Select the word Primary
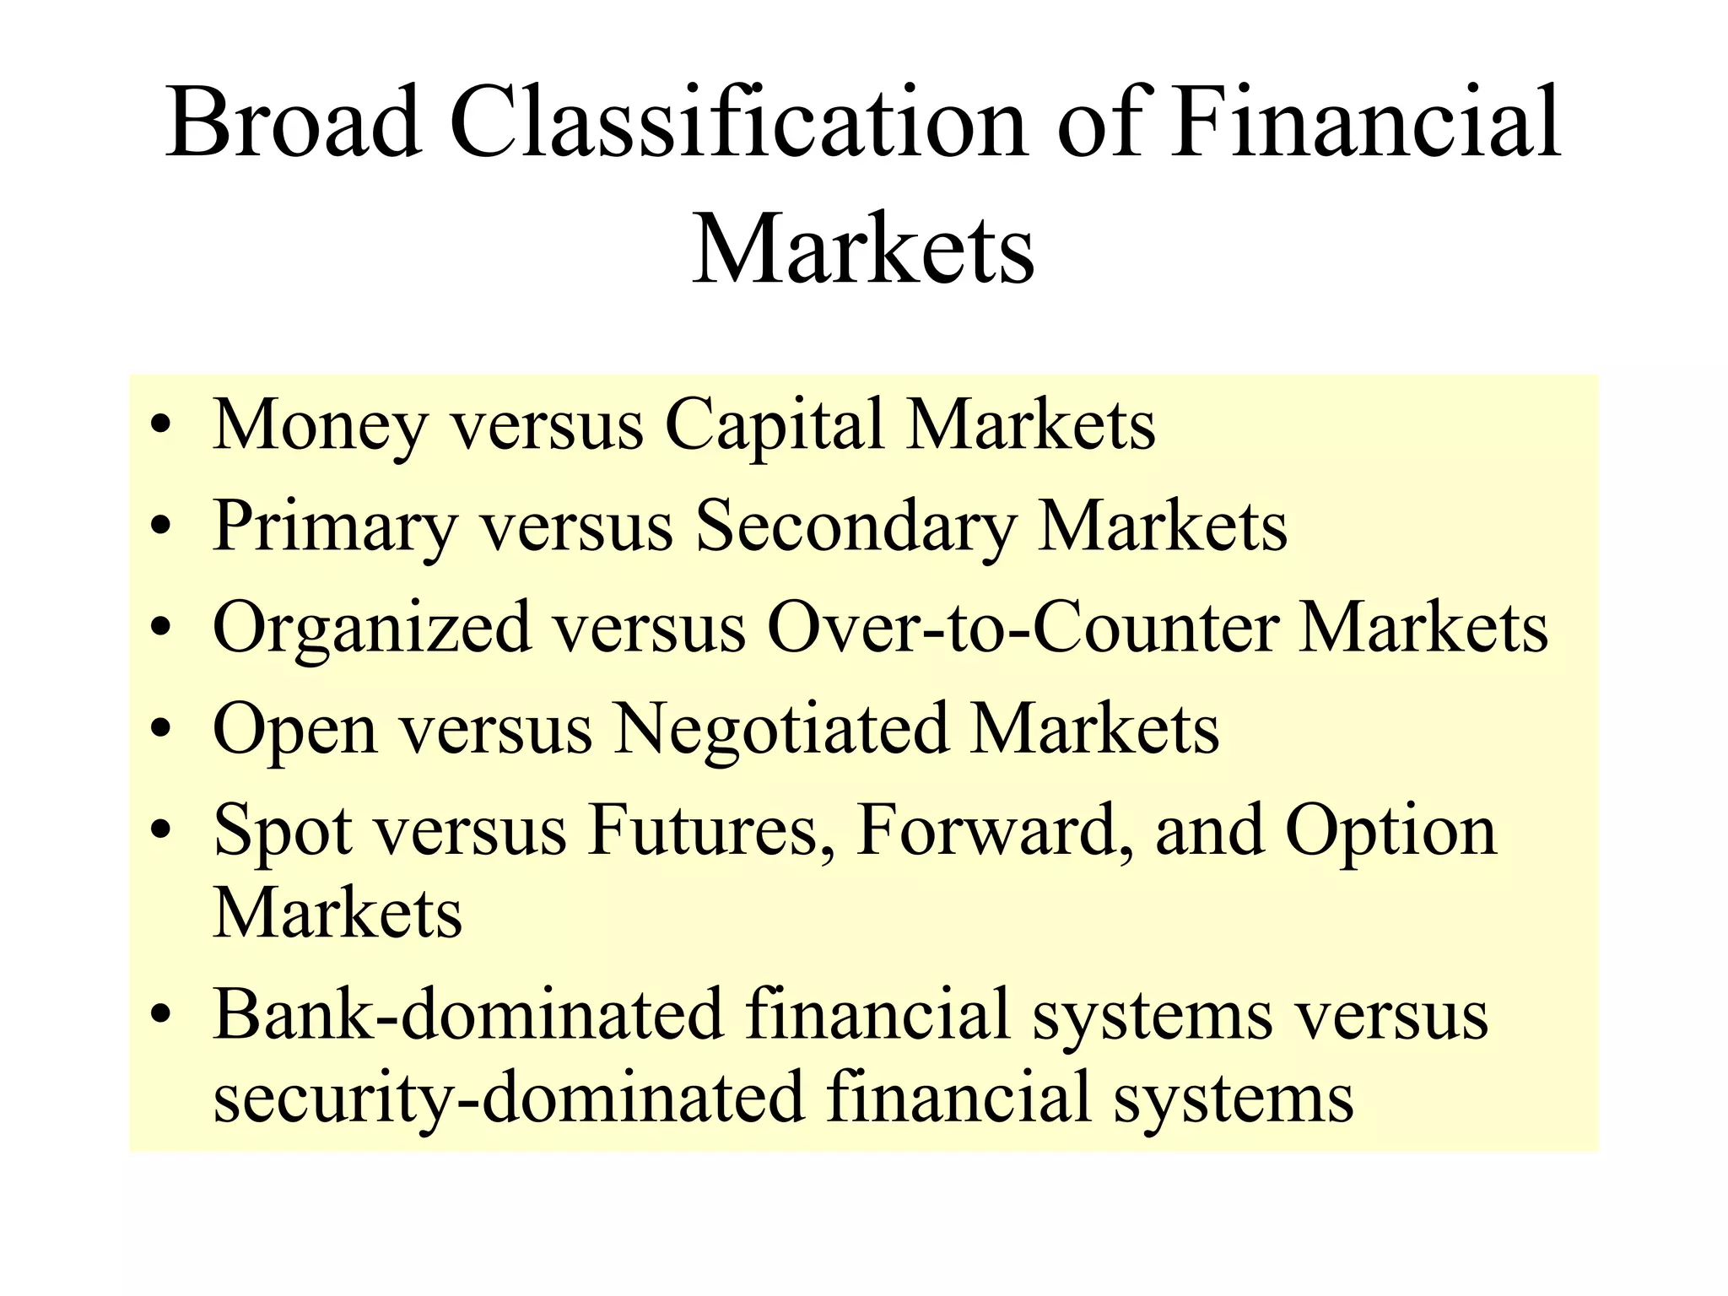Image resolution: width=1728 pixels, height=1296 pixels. pyautogui.click(x=334, y=527)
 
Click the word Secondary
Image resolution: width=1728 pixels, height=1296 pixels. pyautogui.click(x=855, y=527)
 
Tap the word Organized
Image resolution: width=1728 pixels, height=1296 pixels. pyautogui.click(x=372, y=629)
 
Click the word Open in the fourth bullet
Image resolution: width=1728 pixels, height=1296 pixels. pyautogui.click(x=294, y=730)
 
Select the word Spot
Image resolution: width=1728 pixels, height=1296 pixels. pyautogui.click(x=283, y=831)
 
